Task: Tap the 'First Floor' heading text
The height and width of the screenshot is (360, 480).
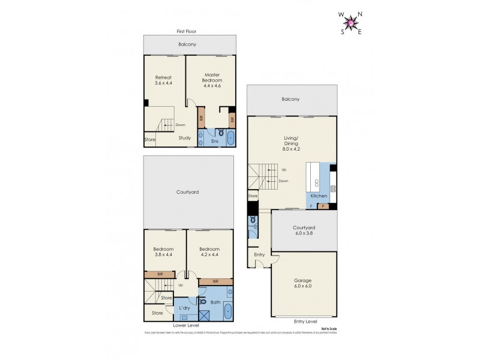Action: point(187,31)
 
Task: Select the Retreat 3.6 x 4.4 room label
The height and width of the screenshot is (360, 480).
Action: point(164,80)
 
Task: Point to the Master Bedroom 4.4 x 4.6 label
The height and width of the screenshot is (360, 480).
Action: point(212,80)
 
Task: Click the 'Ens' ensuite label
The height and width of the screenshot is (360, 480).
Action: point(214,141)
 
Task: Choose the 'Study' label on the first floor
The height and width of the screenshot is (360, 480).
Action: point(185,138)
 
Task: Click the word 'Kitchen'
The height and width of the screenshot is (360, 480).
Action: point(319,196)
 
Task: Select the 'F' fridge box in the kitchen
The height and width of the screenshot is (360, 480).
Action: point(311,206)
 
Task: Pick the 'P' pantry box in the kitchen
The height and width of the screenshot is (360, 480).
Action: point(323,206)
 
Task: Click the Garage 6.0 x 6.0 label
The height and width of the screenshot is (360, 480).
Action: point(303,284)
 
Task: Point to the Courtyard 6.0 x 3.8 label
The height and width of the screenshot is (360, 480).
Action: point(304,230)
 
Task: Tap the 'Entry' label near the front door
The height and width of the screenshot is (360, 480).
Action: point(259,255)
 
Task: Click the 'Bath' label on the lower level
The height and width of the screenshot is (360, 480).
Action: point(215,302)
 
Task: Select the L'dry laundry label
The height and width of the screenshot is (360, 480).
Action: point(185,308)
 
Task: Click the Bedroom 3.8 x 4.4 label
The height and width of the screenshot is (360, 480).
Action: point(163,252)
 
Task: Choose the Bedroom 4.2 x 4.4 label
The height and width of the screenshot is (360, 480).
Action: point(209,252)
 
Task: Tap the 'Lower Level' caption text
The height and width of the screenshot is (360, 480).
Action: point(186,325)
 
